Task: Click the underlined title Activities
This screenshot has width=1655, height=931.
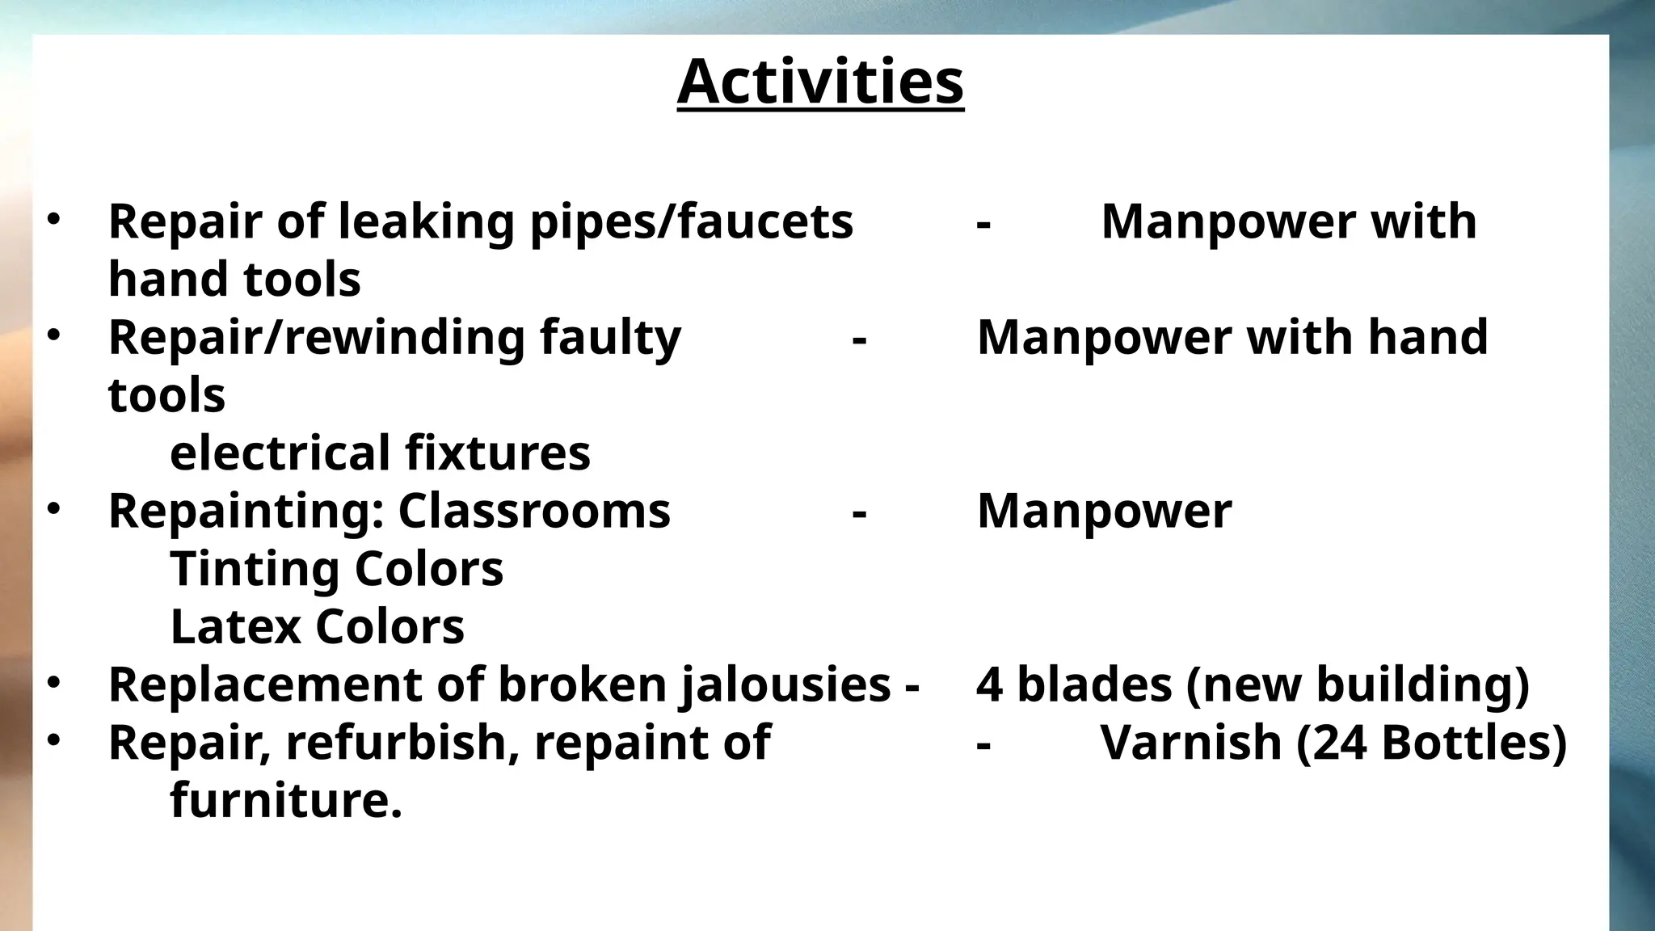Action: [x=820, y=82]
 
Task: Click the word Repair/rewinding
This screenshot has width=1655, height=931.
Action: [x=316, y=337]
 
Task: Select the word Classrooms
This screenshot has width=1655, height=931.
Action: [x=534, y=511]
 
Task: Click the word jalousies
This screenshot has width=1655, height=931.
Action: [x=785, y=685]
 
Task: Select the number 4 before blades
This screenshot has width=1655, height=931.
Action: [x=989, y=685]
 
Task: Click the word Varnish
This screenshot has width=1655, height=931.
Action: [x=1191, y=743]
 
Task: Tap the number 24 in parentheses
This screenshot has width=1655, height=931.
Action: [x=1341, y=743]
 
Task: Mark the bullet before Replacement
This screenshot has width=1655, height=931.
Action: [x=53, y=683]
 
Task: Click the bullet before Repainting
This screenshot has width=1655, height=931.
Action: [x=53, y=509]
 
